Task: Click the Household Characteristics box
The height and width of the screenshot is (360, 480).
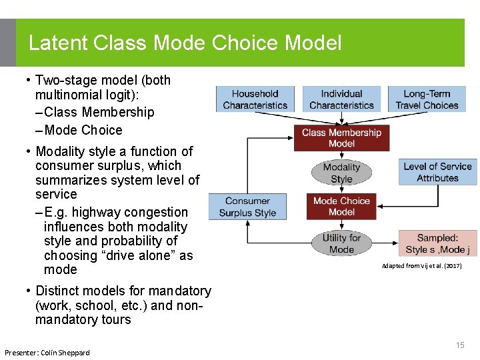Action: pyautogui.click(x=255, y=99)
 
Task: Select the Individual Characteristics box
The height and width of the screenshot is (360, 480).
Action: pyautogui.click(x=341, y=99)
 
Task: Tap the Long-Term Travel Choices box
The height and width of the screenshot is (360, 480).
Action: pyautogui.click(x=427, y=99)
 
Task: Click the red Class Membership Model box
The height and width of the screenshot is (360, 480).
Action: pyautogui.click(x=341, y=138)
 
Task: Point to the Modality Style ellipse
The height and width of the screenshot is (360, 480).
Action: pyautogui.click(x=341, y=173)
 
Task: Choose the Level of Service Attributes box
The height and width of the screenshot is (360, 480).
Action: pyautogui.click(x=437, y=172)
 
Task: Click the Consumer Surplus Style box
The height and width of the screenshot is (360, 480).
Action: pyautogui.click(x=247, y=207)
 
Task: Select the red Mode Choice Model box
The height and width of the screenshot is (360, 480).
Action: pyautogui.click(x=341, y=206)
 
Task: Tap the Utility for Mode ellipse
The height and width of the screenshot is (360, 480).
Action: pyautogui.click(x=341, y=243)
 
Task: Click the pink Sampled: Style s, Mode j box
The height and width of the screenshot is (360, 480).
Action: pyautogui.click(x=437, y=243)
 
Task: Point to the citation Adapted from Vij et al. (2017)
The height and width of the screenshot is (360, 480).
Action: pyautogui.click(x=421, y=266)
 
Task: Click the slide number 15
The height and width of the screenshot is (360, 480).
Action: pyautogui.click(x=460, y=345)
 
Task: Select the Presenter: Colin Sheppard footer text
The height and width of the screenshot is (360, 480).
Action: pyautogui.click(x=47, y=352)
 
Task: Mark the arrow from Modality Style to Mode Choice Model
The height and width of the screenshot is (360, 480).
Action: pyautogui.click(x=341, y=189)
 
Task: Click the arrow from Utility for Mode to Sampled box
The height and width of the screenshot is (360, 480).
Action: pyautogui.click(x=385, y=243)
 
